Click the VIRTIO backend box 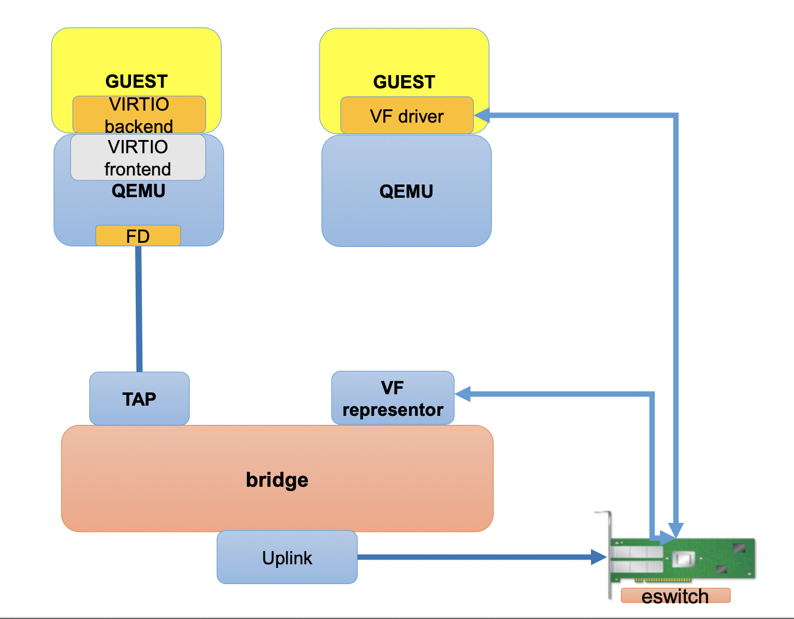pyautogui.click(x=139, y=114)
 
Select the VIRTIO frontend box pyautogui.click(x=138, y=157)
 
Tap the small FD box pyautogui.click(x=138, y=236)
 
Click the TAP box pyautogui.click(x=139, y=398)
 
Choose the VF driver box pyautogui.click(x=407, y=115)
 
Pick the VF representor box pyautogui.click(x=393, y=398)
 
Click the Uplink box pyautogui.click(x=287, y=557)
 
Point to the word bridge pyautogui.click(x=277, y=480)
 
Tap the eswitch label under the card pyautogui.click(x=675, y=596)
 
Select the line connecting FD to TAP pyautogui.click(x=139, y=309)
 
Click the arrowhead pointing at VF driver pyautogui.click(x=482, y=115)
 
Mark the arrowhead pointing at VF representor pyautogui.click(x=462, y=394)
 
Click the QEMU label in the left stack pyautogui.click(x=138, y=191)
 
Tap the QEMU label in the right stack pyautogui.click(x=406, y=191)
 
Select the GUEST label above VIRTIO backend pyautogui.click(x=136, y=81)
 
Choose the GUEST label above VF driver pyautogui.click(x=404, y=82)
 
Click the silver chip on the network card pyautogui.click(x=683, y=559)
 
